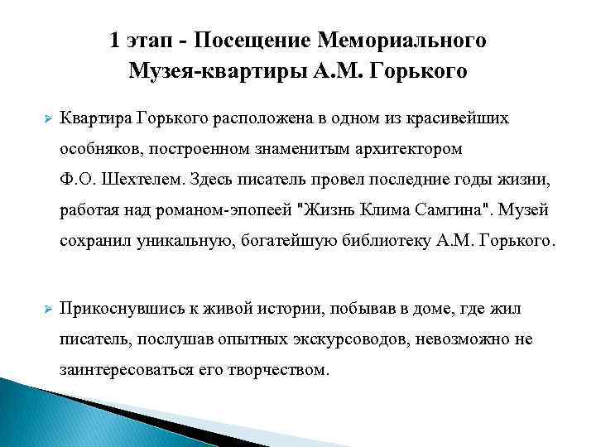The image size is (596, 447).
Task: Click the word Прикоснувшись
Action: click(118, 309)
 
